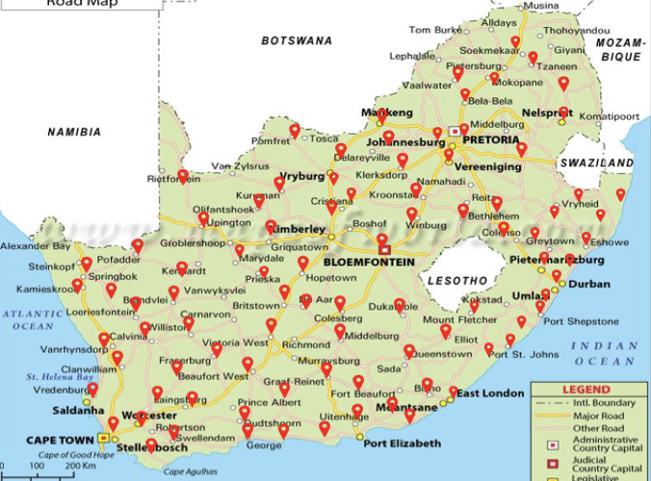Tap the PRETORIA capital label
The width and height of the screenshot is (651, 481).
coord(491,139)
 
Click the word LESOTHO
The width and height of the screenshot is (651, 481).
coord(456,280)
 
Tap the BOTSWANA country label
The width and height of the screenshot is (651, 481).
coord(297,40)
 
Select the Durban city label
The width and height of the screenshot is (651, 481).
coord(588,285)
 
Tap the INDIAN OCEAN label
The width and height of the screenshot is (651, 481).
coord(604,353)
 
